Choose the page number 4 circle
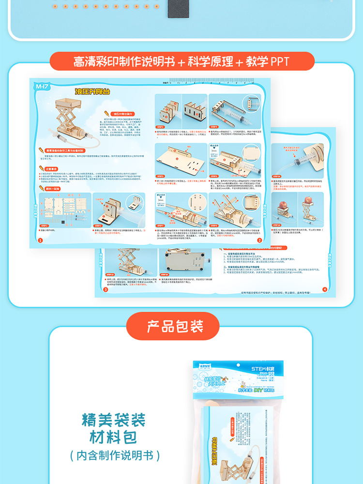click(324, 289)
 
